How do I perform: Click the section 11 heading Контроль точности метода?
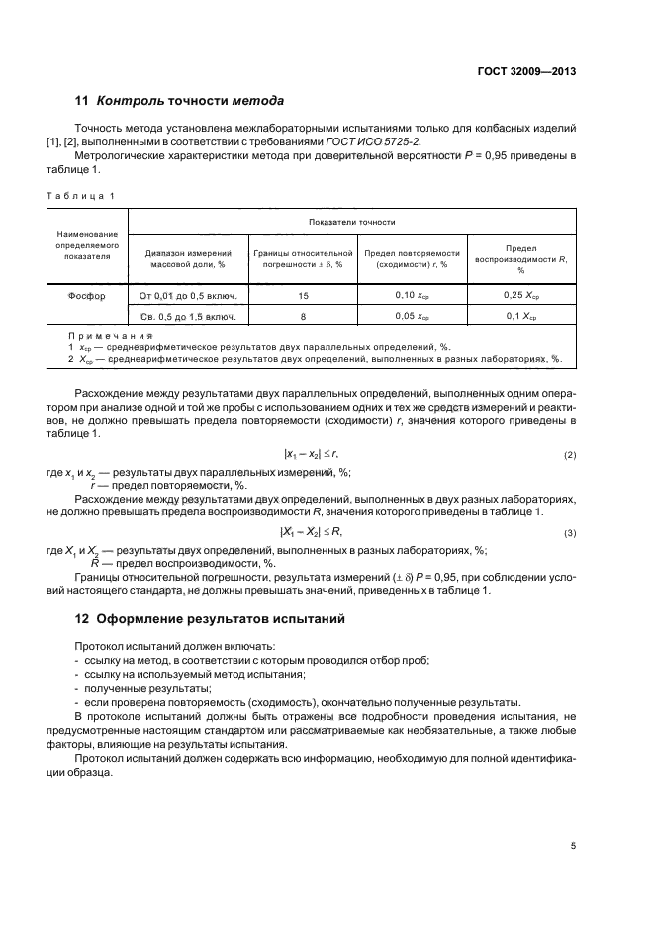click(x=180, y=101)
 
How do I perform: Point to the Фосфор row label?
click(x=89, y=295)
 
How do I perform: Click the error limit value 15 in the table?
click(x=303, y=295)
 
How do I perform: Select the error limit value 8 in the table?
click(x=303, y=317)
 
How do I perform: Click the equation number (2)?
click(x=570, y=455)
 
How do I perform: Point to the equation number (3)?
click(x=570, y=533)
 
